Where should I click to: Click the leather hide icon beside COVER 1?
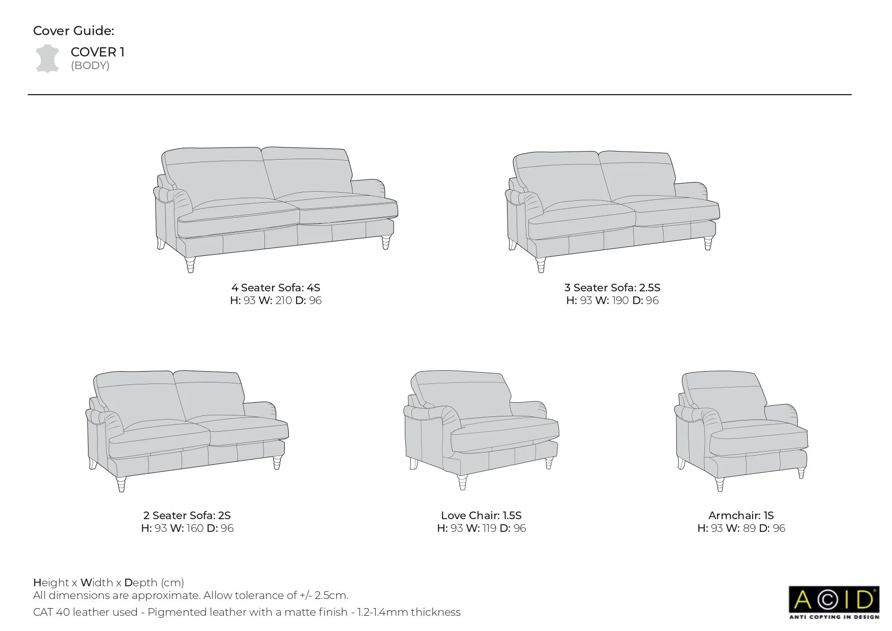(x=47, y=58)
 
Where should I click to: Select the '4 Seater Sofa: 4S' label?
(x=276, y=288)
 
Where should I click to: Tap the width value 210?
(x=283, y=301)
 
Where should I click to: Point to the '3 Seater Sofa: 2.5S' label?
(x=612, y=288)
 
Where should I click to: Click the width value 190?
(x=620, y=301)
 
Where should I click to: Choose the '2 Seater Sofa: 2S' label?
(x=187, y=516)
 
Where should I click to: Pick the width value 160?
(x=195, y=528)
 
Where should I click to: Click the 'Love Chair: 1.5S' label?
(x=481, y=516)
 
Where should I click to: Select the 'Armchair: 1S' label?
(x=741, y=516)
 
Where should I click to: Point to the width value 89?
(x=749, y=528)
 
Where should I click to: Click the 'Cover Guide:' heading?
(x=74, y=31)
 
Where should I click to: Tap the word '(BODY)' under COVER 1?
(x=90, y=66)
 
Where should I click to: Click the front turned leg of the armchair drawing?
(x=720, y=484)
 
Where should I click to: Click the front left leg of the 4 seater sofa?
(x=190, y=265)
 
